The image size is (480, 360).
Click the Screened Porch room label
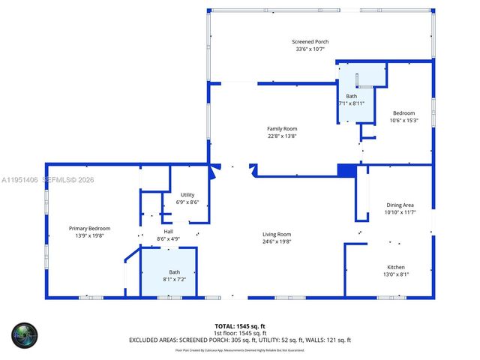310,41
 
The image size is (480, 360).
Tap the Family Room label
282,128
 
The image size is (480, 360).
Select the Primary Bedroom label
89,228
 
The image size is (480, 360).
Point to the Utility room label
187,194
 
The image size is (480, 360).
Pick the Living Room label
277,234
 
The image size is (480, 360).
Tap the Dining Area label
400,205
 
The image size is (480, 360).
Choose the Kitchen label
396,267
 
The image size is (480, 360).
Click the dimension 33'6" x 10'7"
310,49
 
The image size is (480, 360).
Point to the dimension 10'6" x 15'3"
403,120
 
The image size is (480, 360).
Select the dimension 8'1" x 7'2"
174,279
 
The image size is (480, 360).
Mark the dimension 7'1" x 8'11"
351,103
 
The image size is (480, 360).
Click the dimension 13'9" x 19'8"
89,235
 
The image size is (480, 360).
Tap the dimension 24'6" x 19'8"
277,241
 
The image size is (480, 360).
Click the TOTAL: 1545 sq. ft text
240,325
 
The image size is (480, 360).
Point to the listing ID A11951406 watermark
20,180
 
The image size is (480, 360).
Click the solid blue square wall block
346,170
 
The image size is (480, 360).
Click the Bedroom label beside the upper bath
403,112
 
